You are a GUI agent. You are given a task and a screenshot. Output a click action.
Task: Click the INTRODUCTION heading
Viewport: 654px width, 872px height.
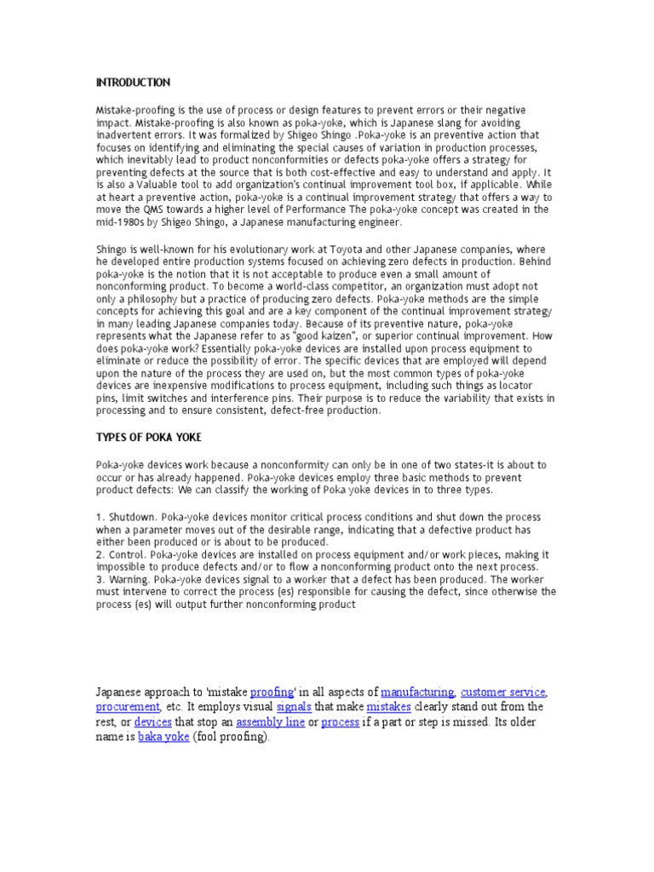click(133, 83)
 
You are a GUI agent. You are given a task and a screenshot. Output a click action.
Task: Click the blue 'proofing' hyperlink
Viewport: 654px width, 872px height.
click(272, 691)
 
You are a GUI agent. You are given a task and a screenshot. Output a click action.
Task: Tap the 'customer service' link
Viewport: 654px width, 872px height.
click(503, 691)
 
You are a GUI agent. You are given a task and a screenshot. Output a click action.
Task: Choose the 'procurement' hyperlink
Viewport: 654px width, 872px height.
click(128, 707)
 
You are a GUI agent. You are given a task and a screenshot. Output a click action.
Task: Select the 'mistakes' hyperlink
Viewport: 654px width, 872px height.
click(389, 707)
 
